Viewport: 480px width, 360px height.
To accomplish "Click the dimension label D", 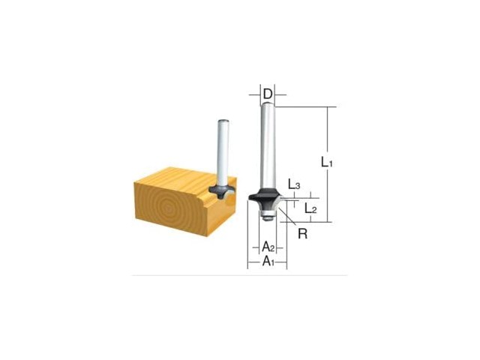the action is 268,94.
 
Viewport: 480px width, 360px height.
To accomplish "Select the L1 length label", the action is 327,162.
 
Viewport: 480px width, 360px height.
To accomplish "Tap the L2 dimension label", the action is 310,208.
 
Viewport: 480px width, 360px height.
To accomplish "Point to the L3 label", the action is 294,184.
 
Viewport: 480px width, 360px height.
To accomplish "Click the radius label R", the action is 302,234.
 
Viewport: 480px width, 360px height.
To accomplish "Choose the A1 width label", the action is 268,262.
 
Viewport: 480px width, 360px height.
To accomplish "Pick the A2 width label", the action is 268,246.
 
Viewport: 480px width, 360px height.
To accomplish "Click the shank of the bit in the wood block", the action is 223,152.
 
